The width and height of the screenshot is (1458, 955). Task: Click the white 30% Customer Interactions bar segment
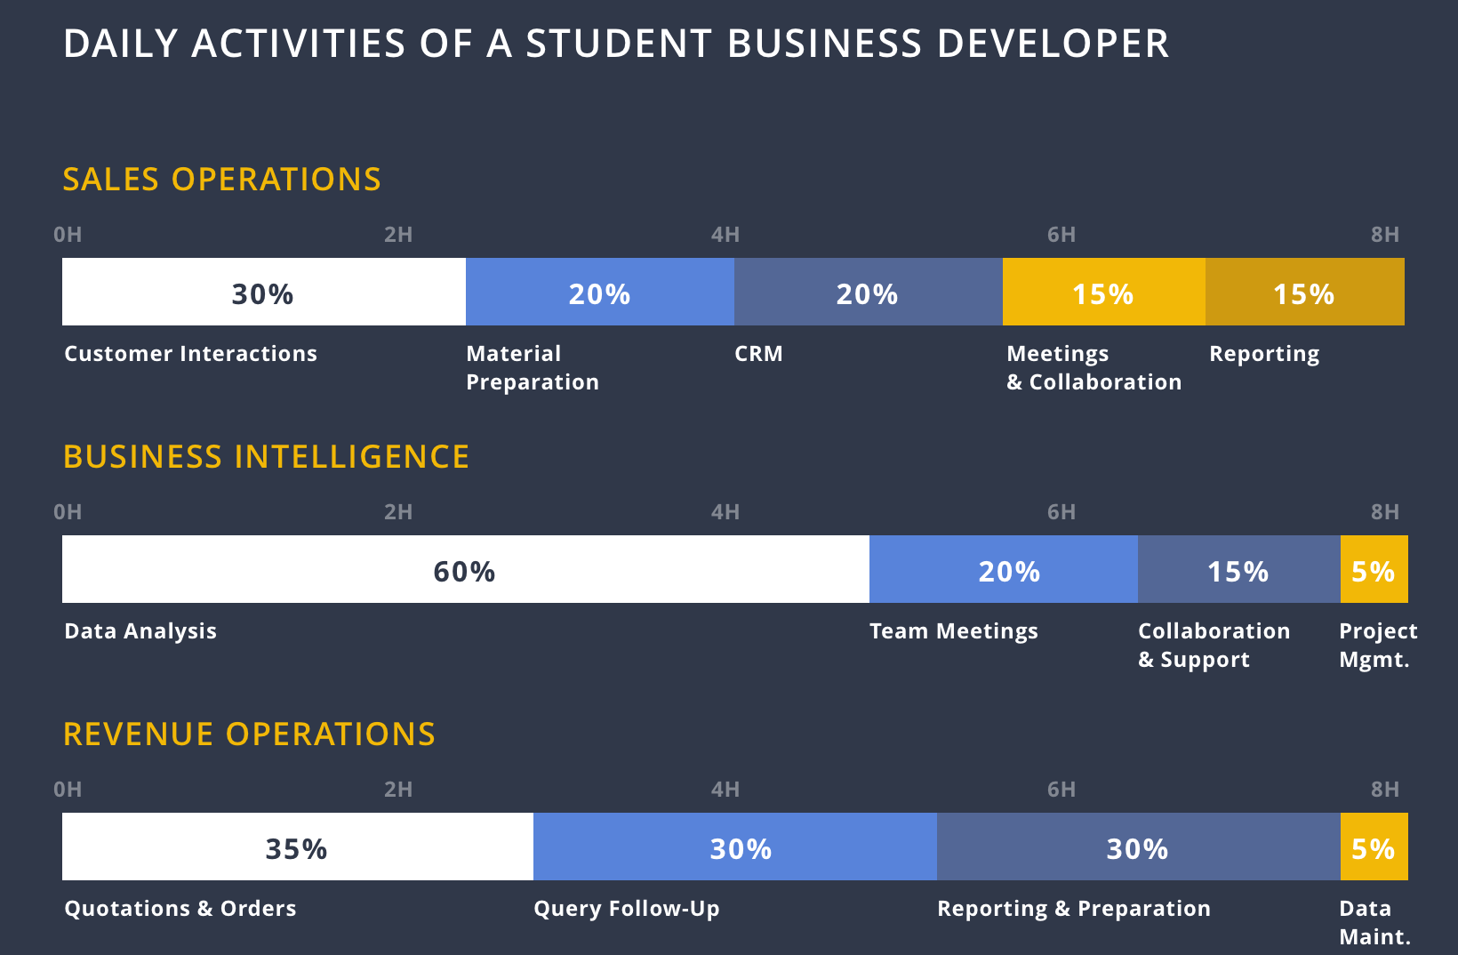tap(264, 292)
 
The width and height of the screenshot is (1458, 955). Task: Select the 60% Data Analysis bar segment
tap(465, 569)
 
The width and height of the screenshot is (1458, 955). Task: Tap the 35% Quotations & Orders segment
tap(298, 847)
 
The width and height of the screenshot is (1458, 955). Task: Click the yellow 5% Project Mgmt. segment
tap(1374, 569)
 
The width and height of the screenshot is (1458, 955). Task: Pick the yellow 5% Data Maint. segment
tap(1374, 847)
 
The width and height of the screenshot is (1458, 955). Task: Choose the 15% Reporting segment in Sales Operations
tap(1305, 292)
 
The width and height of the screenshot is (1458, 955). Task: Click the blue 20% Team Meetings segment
tap(1004, 569)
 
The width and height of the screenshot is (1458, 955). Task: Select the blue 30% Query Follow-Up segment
tap(735, 847)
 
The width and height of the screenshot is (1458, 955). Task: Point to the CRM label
tap(758, 354)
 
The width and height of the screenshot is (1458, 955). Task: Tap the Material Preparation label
tap(533, 368)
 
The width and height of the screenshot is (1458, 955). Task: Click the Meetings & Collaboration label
tap(1094, 368)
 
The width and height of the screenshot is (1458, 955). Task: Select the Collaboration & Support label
tap(1214, 646)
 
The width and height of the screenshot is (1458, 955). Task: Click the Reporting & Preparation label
tap(1074, 909)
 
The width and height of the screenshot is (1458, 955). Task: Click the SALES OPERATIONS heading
tap(222, 180)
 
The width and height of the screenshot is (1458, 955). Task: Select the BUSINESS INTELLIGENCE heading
tap(266, 457)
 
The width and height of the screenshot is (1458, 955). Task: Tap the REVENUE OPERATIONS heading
tap(249, 734)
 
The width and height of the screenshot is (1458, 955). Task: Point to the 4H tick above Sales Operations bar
tap(725, 235)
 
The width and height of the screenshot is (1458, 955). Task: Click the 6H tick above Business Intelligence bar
tap(1061, 512)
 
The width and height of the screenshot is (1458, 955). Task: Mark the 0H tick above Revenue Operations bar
tap(68, 790)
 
